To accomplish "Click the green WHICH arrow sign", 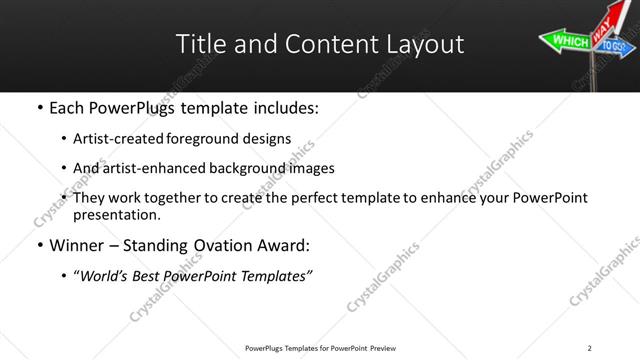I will click(x=568, y=41).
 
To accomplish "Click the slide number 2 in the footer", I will click(x=589, y=348).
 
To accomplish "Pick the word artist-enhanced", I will click(x=147, y=168).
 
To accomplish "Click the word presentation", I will click(x=116, y=214).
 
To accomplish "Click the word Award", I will click(x=285, y=245).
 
